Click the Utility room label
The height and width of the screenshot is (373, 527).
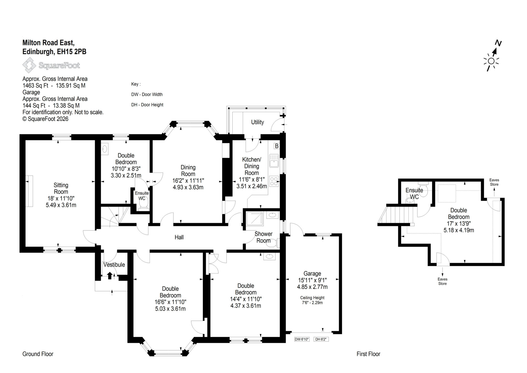257,122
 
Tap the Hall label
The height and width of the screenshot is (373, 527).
179,237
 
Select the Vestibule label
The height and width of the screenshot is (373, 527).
114,265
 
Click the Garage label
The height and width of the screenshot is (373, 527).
312,274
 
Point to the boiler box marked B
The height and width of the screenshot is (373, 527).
277,146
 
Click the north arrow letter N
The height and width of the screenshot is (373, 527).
498,43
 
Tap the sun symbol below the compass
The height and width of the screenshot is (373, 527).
491,61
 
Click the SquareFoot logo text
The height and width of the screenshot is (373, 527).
59,65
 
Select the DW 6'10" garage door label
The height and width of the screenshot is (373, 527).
302,339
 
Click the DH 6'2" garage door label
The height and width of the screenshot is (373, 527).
321,339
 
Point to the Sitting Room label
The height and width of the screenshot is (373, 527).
61,188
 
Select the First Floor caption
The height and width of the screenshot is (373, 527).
368,354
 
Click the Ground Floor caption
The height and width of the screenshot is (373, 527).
38,354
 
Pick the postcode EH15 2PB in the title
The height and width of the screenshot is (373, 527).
72,52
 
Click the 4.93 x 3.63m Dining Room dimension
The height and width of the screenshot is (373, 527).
188,187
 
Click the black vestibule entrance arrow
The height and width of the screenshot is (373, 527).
110,275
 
